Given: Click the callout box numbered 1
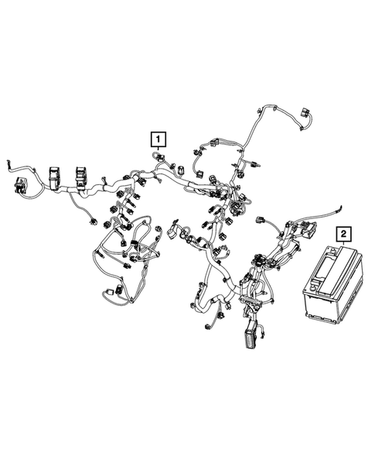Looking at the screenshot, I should coord(159,139).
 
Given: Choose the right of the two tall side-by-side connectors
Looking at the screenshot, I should coord(81,177).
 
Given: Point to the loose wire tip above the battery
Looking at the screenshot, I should coord(340,207).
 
